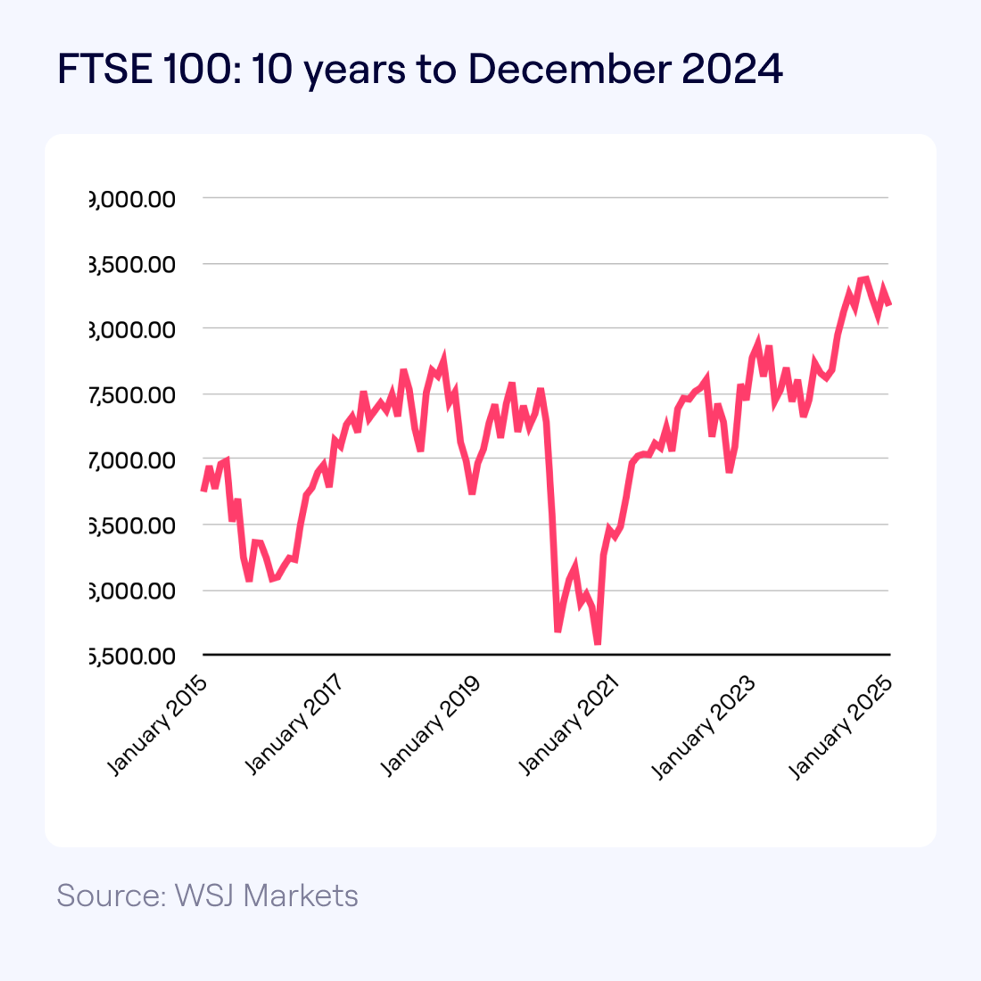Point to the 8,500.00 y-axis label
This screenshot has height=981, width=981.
point(133,265)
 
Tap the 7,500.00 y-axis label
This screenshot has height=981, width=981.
point(133,395)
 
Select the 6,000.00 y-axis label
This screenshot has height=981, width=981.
point(133,591)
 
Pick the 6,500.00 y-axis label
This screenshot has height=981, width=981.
point(133,525)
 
